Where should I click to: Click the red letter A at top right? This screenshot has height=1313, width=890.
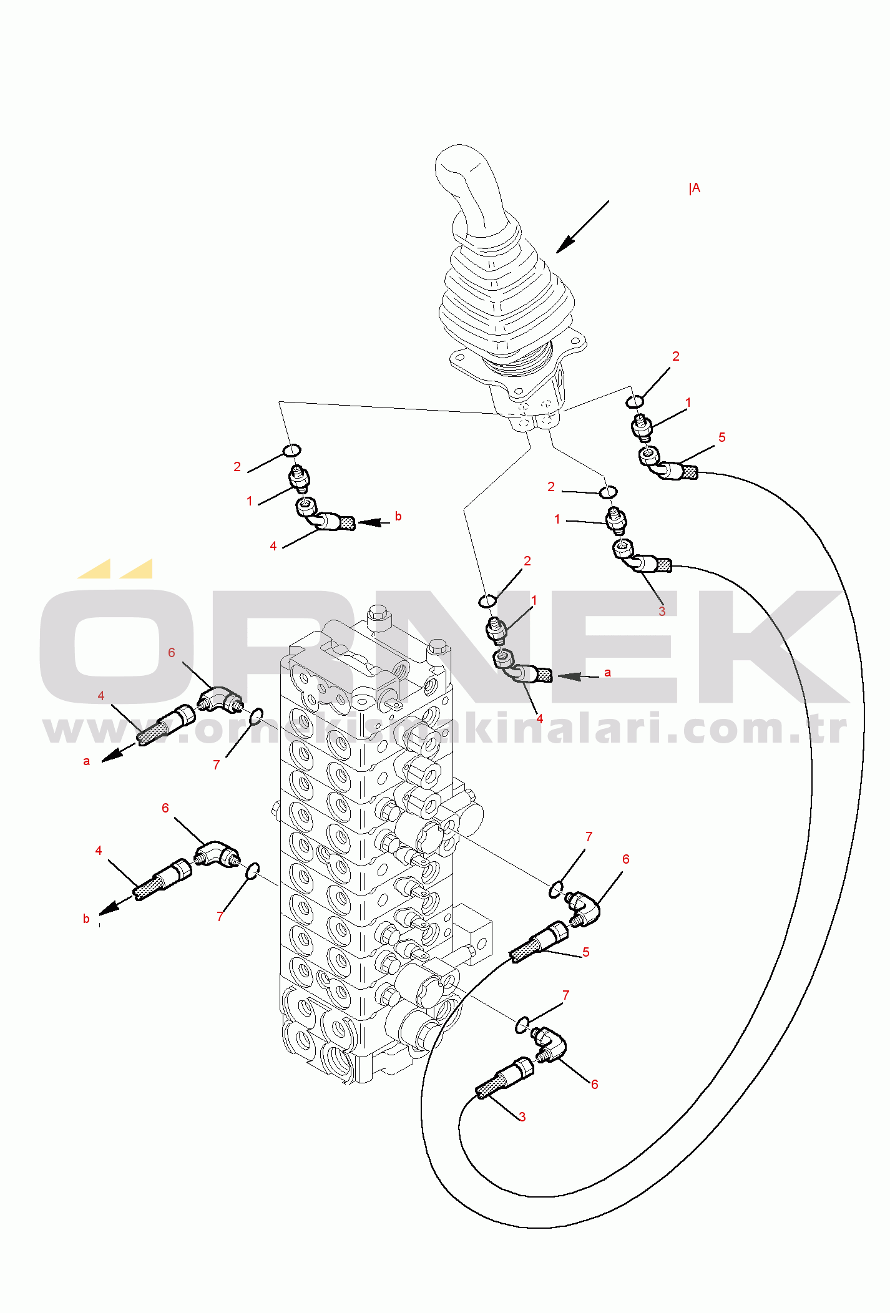click(696, 188)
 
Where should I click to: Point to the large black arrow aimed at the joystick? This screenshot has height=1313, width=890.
click(582, 227)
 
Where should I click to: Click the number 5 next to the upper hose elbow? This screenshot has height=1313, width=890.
click(722, 437)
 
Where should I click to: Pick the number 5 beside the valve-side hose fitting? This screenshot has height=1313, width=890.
click(586, 952)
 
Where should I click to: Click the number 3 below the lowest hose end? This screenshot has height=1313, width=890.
click(522, 1116)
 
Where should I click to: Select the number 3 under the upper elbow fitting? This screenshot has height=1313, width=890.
click(662, 611)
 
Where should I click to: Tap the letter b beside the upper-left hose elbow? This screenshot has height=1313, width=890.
click(398, 516)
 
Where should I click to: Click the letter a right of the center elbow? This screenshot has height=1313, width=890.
click(608, 673)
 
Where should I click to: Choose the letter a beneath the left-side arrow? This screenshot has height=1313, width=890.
click(87, 761)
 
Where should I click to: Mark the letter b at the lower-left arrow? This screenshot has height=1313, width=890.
click(86, 919)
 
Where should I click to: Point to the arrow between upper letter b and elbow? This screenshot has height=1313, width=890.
click(373, 522)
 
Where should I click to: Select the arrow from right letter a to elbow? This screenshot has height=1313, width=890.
click(578, 676)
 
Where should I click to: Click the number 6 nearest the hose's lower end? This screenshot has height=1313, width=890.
click(595, 1085)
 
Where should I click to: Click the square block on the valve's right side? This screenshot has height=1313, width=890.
click(472, 932)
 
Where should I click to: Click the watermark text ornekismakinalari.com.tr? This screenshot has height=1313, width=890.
click(444, 729)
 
